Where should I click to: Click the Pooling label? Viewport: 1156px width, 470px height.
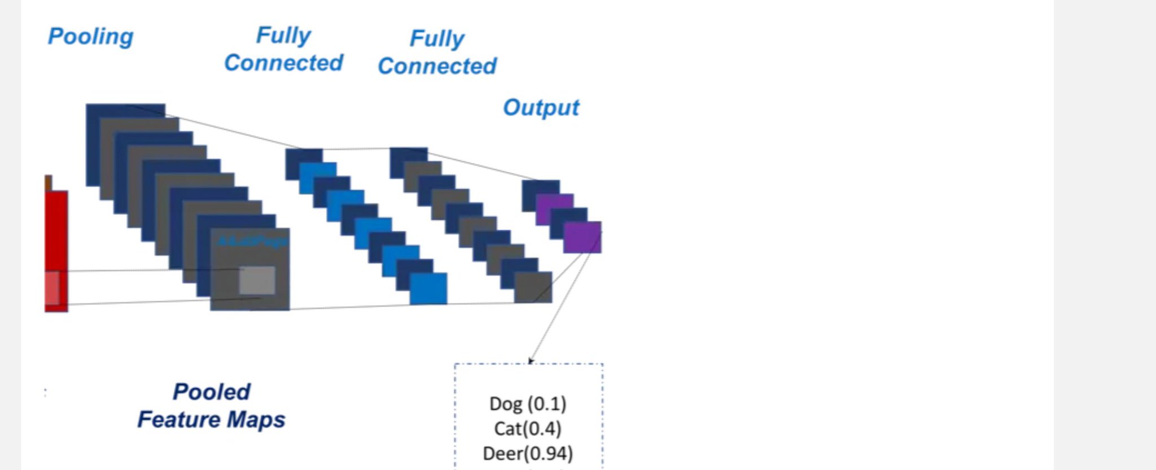(x=90, y=37)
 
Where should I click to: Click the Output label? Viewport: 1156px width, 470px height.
(x=541, y=107)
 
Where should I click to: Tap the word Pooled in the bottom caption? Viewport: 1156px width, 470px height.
(x=212, y=391)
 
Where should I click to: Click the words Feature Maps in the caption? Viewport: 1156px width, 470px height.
(x=212, y=420)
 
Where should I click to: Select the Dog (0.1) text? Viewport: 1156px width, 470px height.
(x=528, y=404)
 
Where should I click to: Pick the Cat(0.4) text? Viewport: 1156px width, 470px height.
(x=528, y=429)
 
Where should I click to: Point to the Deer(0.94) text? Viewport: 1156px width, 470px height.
(x=528, y=454)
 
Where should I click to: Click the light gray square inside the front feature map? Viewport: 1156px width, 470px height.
(x=257, y=280)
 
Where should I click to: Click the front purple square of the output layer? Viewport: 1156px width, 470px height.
(x=583, y=237)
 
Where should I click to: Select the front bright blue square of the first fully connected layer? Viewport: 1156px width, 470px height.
(x=428, y=288)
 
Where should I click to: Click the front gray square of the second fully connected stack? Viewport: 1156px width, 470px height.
(x=533, y=287)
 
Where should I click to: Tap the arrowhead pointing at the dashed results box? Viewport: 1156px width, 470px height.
(x=530, y=360)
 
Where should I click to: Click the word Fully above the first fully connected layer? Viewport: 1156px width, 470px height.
(x=283, y=36)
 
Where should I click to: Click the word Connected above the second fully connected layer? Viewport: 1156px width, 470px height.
(x=437, y=66)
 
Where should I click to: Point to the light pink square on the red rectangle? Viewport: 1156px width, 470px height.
(x=52, y=288)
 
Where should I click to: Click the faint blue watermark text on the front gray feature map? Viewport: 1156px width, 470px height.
(x=252, y=242)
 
